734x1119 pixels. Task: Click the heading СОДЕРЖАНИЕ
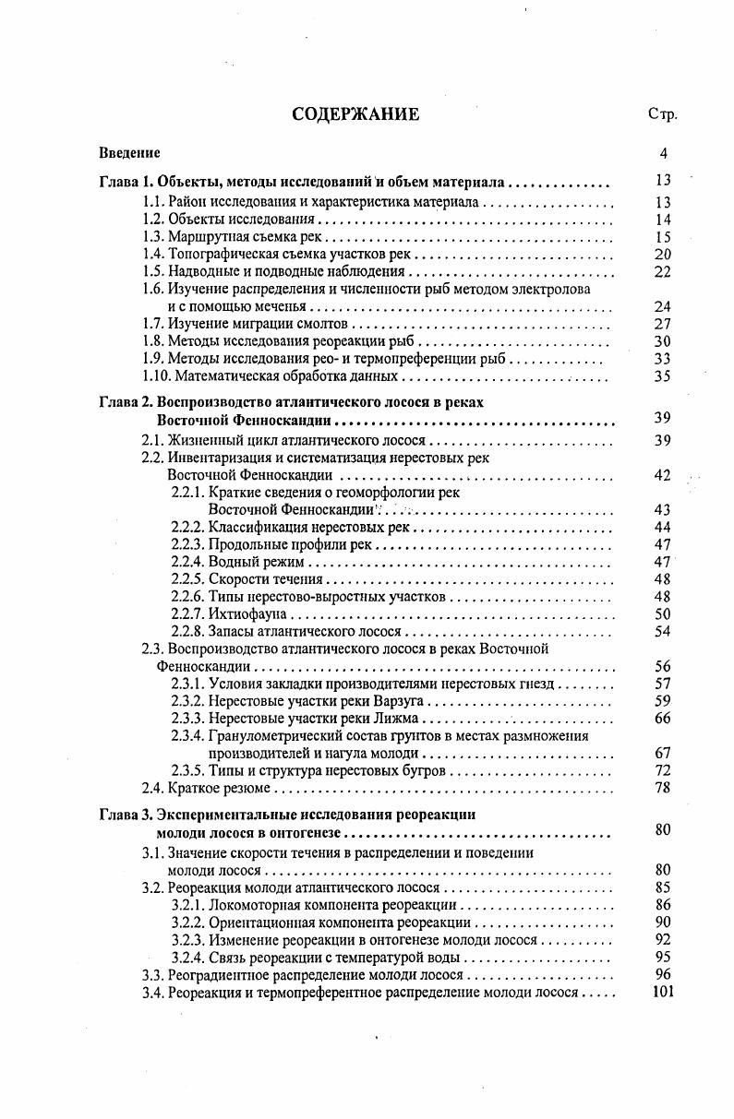(355, 114)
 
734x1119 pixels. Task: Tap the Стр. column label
(662, 115)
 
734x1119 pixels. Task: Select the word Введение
(129, 153)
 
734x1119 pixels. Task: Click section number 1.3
(153, 237)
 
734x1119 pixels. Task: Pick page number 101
(662, 993)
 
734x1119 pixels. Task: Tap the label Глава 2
(125, 402)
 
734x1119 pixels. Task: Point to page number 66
(662, 719)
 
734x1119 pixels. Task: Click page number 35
(662, 376)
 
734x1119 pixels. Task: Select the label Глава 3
(125, 815)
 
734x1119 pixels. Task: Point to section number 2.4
(153, 788)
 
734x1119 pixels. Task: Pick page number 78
(662, 788)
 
